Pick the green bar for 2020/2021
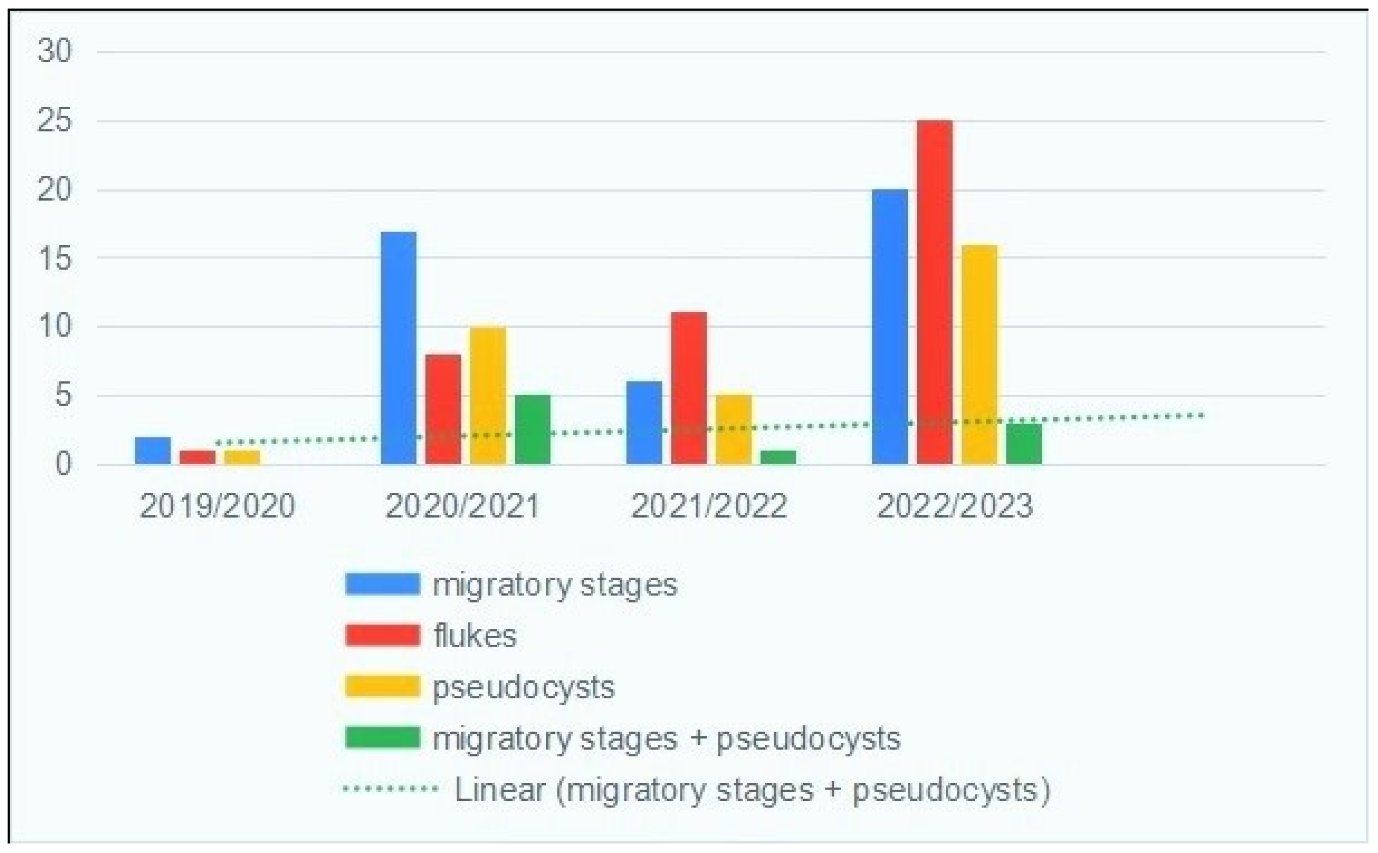pos(532,429)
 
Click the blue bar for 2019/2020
pos(152,451)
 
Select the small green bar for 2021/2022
pos(778,457)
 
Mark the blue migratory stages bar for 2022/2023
pos(890,327)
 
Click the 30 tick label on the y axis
pos(55,51)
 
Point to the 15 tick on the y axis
pos(55,259)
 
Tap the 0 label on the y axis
pos(63,464)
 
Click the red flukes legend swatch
pos(382,635)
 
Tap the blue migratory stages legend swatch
pos(382,584)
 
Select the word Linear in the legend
pos(500,789)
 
